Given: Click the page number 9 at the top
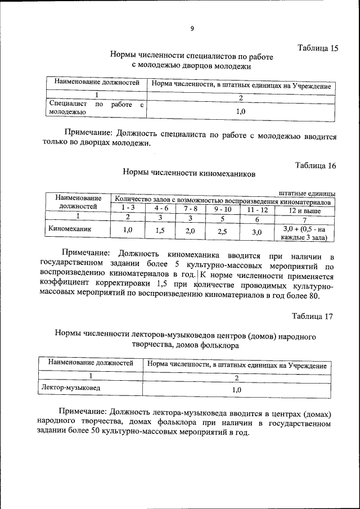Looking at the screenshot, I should [x=192, y=29].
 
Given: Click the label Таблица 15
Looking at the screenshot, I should [x=317, y=48].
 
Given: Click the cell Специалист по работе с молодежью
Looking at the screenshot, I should [x=96, y=108].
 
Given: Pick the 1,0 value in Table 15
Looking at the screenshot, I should [x=240, y=111].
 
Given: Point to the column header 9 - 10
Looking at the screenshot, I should [x=222, y=208].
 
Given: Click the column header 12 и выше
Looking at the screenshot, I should [x=304, y=209].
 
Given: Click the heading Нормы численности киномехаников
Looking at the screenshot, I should [x=188, y=173].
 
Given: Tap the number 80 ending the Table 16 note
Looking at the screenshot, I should [x=314, y=295].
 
